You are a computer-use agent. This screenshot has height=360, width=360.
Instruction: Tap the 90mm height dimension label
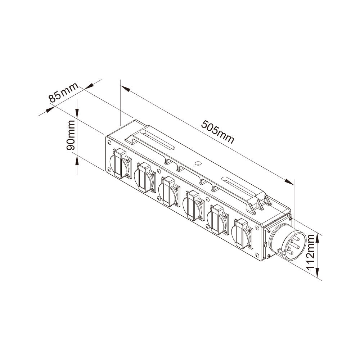(71, 135)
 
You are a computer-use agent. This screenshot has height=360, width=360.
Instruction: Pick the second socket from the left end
(145, 177)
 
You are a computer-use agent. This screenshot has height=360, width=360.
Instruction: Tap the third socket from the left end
(169, 191)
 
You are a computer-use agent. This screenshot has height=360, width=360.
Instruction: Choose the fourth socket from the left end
(194, 205)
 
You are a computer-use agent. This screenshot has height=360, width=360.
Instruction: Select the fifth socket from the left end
(218, 220)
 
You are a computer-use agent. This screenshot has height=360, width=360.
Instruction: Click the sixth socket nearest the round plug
(242, 234)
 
